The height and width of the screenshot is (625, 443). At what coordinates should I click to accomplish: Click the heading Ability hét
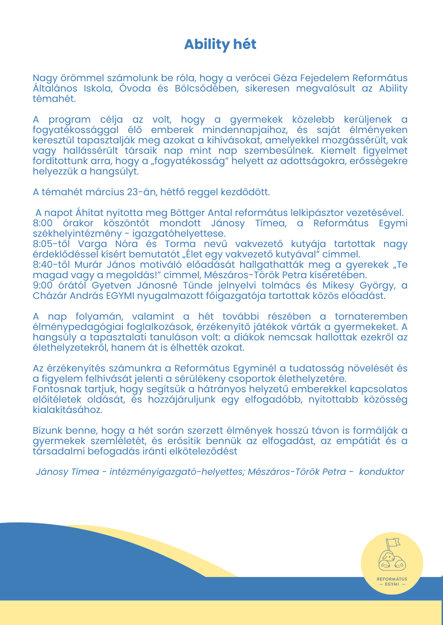pos(220,44)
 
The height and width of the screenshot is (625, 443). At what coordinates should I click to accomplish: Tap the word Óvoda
pos(135,88)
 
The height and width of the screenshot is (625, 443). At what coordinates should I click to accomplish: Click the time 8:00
pos(43,223)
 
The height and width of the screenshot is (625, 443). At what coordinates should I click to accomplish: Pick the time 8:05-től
pos(51,244)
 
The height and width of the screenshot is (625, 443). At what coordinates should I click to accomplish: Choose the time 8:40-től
pos(51,265)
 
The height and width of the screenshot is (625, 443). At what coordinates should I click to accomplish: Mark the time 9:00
pos(43,285)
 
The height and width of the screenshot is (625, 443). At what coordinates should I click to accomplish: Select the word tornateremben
pos(371,316)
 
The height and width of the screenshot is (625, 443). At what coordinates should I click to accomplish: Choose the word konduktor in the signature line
pos(382,472)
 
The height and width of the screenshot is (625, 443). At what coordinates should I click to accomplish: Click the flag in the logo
pos(393,542)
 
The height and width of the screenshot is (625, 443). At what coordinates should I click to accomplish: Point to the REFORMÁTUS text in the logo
pos(392,579)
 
